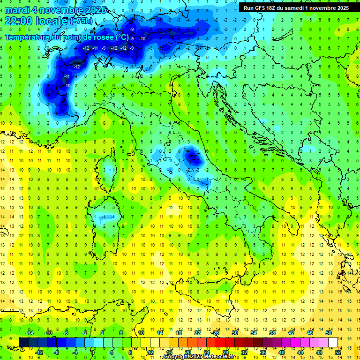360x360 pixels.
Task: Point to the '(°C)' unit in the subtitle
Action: [121, 37]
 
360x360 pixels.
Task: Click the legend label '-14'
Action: [30, 333]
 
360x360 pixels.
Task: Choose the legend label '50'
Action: [329, 333]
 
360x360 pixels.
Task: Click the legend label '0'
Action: [93, 352]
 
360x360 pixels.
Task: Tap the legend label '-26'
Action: [215, 333]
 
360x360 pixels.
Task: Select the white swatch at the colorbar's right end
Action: [333, 343]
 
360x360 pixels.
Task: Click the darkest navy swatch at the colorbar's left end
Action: [23, 343]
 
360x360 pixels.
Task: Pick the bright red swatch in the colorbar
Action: [220, 343]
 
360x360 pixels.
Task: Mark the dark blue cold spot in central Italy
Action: [192, 158]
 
